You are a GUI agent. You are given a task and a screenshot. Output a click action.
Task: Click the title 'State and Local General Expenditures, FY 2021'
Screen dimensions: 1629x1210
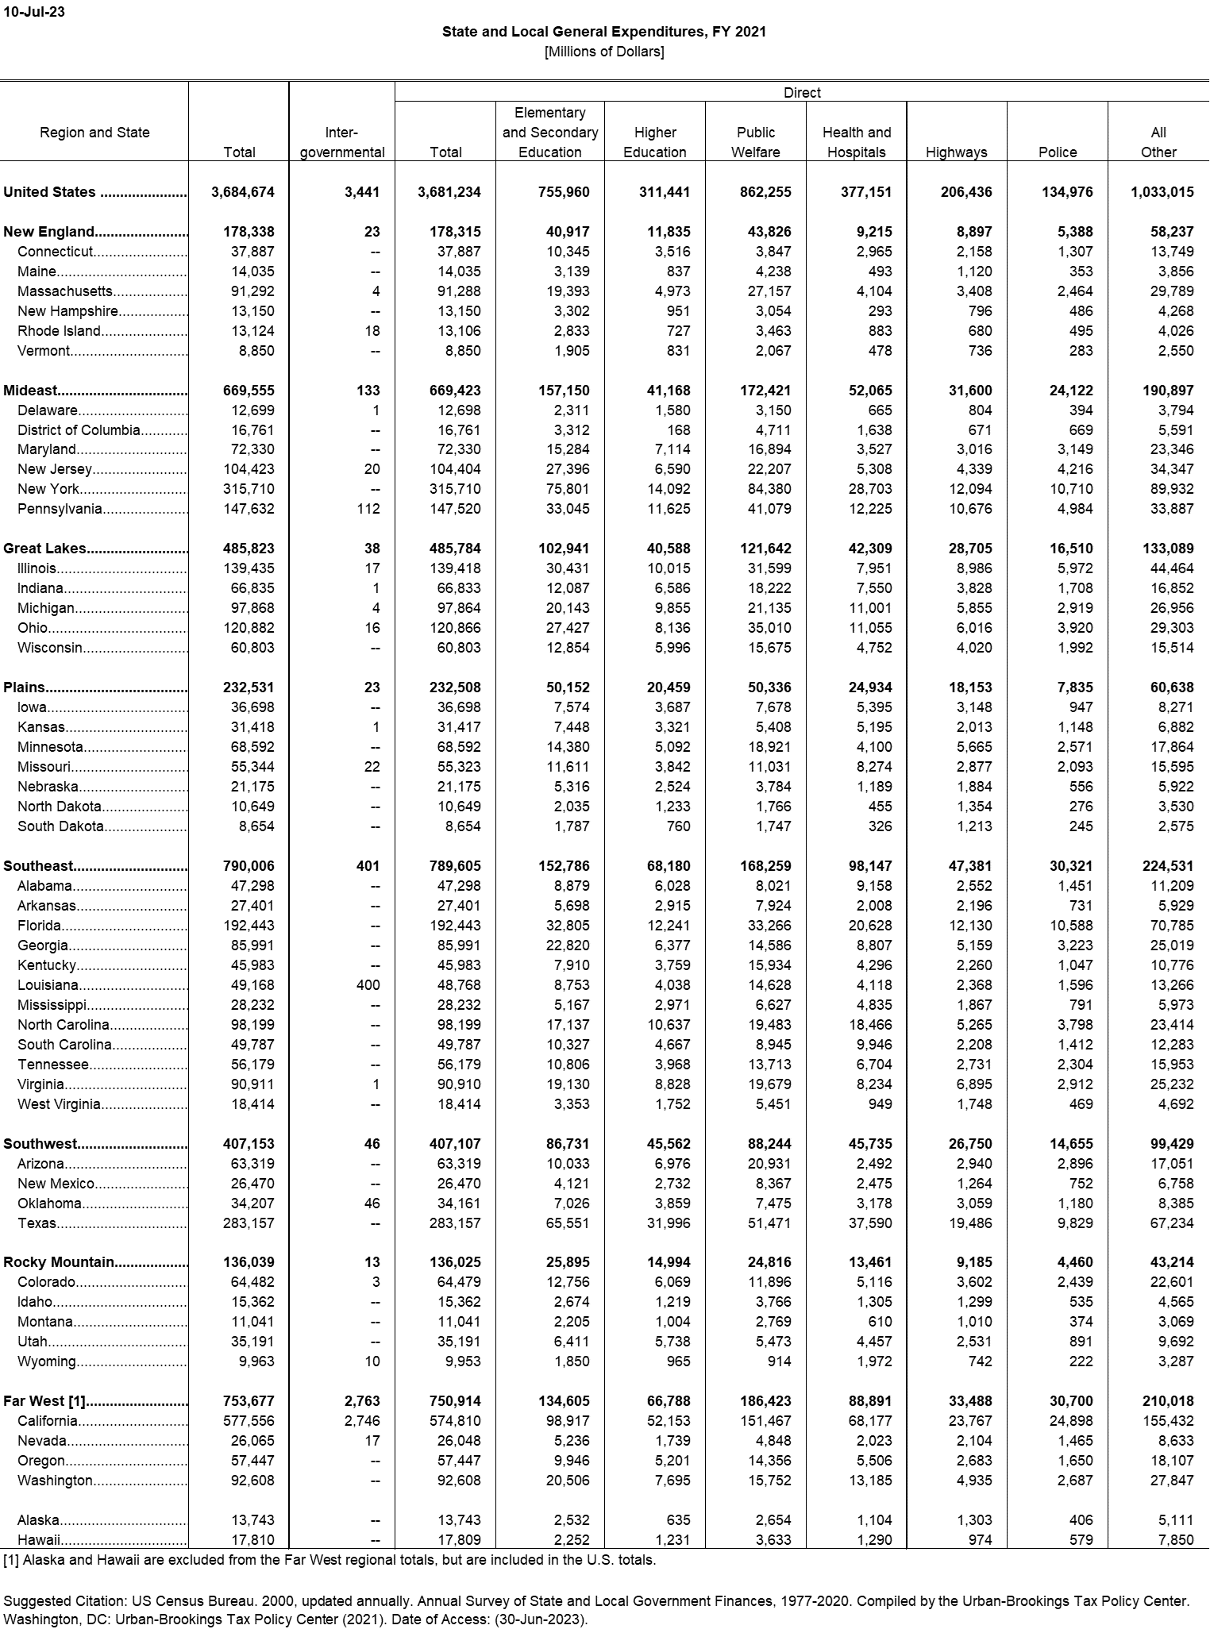(604, 32)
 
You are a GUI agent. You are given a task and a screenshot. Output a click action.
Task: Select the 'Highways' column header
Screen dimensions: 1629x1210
(956, 152)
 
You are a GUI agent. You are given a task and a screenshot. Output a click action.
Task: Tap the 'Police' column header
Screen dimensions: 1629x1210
(1058, 152)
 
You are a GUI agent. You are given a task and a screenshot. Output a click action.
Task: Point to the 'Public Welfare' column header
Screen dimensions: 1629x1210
(755, 142)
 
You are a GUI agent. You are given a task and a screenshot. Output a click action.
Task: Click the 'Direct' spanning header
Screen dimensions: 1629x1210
(802, 93)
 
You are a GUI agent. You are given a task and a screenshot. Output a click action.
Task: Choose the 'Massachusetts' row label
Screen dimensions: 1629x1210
(65, 291)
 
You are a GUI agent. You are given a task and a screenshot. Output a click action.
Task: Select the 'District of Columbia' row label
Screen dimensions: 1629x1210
(79, 430)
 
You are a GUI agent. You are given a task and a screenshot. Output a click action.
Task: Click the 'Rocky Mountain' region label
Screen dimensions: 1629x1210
(59, 1262)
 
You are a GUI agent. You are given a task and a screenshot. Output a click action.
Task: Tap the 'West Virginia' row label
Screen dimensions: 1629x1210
(59, 1104)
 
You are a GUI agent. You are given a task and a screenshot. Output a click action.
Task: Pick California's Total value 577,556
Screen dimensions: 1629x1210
(249, 1421)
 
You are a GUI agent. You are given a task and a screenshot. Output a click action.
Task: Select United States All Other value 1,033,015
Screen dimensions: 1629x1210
(1162, 192)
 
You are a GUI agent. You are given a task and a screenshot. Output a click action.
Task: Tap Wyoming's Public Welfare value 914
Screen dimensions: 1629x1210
(778, 1361)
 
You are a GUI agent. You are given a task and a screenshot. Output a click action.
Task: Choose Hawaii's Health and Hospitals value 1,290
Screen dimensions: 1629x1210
(872, 1540)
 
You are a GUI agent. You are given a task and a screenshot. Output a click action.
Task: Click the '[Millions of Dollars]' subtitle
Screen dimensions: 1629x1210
(604, 52)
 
